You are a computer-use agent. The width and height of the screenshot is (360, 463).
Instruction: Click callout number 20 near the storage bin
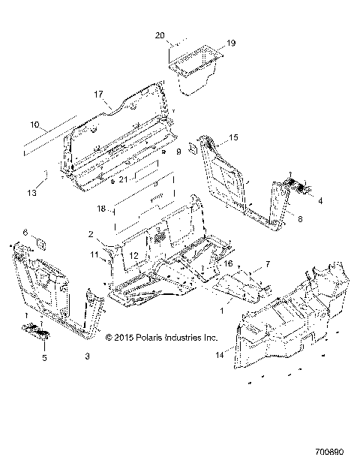point(159,35)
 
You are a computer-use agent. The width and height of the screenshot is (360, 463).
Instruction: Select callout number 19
point(231,44)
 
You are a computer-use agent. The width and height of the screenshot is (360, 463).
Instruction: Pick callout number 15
point(233,138)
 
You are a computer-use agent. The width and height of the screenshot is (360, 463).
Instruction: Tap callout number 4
point(320,201)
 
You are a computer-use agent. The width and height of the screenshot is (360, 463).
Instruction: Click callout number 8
point(300,219)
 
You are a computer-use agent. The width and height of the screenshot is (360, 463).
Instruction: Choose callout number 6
point(24,233)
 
